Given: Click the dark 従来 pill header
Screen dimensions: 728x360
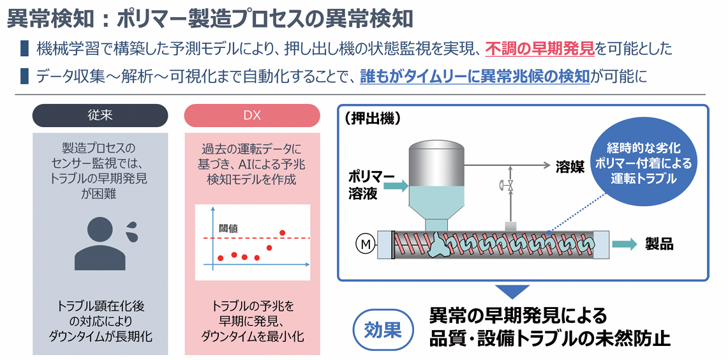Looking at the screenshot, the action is [100, 115].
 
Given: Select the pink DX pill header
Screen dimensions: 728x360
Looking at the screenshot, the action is [252, 115].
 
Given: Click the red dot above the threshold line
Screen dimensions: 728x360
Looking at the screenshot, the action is [282, 232].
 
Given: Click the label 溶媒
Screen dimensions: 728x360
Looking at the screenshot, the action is [568, 166].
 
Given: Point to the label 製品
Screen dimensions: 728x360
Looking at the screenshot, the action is [659, 244].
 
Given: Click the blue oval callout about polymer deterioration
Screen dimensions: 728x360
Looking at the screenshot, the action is [643, 163].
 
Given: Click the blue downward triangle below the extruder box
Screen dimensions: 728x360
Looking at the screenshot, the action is [510, 291].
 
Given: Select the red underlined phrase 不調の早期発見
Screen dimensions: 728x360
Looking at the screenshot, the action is [540, 49].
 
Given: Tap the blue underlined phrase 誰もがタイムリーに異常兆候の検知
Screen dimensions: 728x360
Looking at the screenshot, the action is [475, 76].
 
